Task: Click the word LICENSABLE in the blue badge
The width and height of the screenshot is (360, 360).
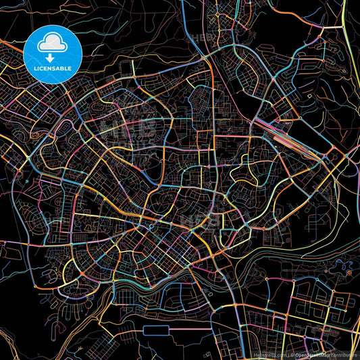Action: click(x=53, y=68)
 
